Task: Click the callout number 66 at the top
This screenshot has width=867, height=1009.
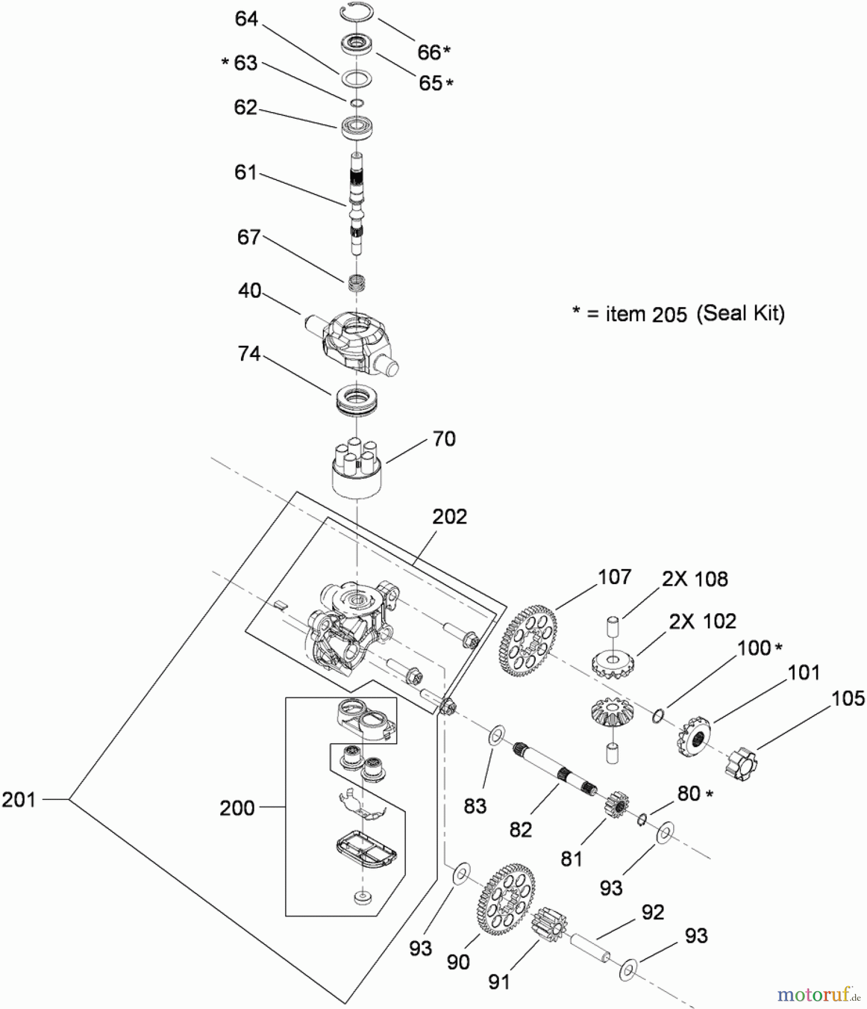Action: [x=429, y=52]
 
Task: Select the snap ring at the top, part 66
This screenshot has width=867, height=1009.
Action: [x=356, y=13]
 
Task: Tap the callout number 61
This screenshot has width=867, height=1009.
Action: [x=245, y=172]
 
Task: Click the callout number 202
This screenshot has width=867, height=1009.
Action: [x=449, y=516]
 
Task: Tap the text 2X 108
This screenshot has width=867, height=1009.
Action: [x=695, y=579]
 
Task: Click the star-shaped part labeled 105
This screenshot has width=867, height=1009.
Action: [x=741, y=763]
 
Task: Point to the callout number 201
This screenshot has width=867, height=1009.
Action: [x=18, y=799]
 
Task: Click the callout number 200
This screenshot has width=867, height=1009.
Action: [x=237, y=808]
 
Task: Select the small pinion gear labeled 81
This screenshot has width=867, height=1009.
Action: [x=616, y=805]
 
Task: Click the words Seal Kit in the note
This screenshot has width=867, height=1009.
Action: [x=740, y=313]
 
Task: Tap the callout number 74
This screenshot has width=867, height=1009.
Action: [x=249, y=354]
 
